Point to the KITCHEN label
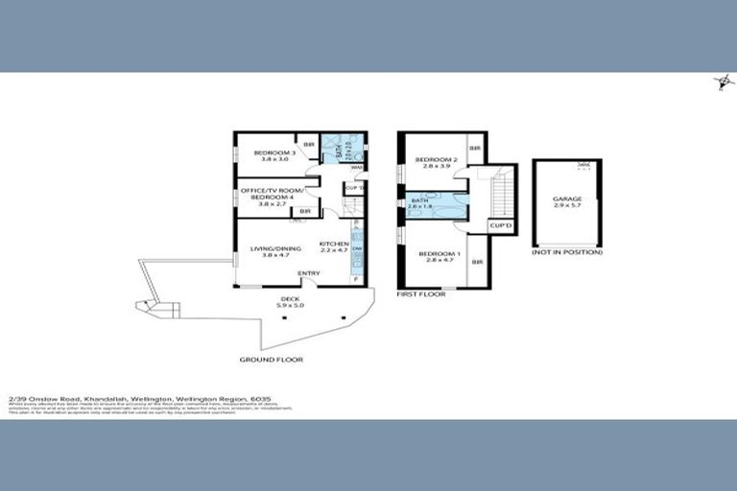pyautogui.click(x=332, y=246)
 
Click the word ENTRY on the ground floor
pyautogui.click(x=309, y=274)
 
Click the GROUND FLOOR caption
pyautogui.click(x=272, y=360)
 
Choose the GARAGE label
pyautogui.click(x=566, y=202)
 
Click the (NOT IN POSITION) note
pyautogui.click(x=567, y=252)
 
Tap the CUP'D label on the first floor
pyautogui.click(x=501, y=225)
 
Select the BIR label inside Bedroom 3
pyautogui.click(x=308, y=146)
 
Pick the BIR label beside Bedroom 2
pyautogui.click(x=474, y=149)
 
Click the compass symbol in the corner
pyautogui.click(x=719, y=82)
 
